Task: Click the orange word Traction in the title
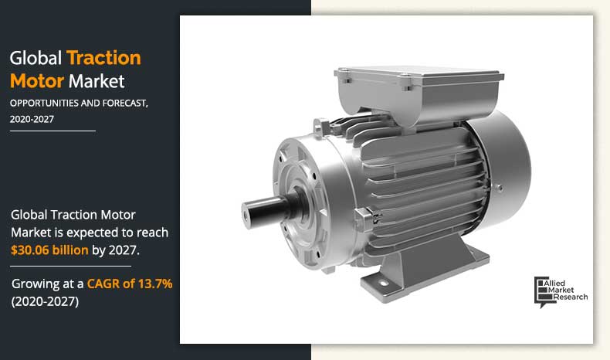tap(103, 59)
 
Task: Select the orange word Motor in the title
tap(37, 80)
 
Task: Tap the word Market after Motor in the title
tap(97, 80)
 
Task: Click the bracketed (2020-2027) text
tap(46, 301)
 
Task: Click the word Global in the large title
tap(36, 59)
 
